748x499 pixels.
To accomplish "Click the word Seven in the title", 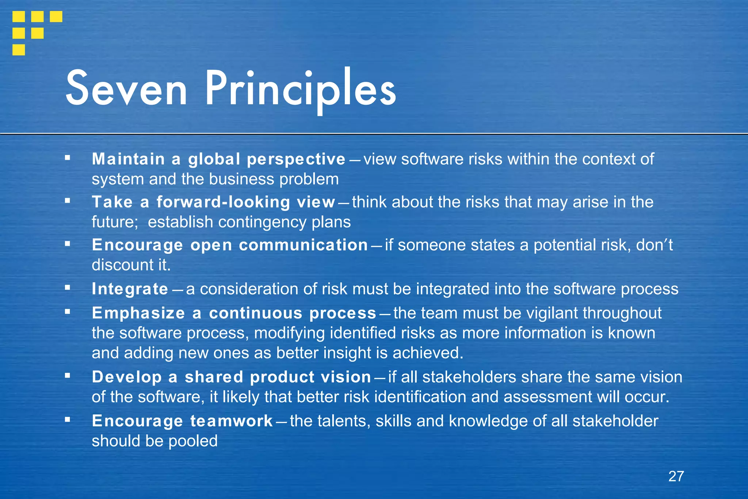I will click(126, 89).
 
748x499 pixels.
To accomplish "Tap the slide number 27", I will click(676, 476).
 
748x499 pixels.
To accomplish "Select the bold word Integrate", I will click(130, 289).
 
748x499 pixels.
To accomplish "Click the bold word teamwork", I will click(232, 421).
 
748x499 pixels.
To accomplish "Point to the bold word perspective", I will click(296, 159).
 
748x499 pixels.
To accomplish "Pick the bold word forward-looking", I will click(223, 202).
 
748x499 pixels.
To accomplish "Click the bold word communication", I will click(303, 245).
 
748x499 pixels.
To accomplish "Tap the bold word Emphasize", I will click(138, 313).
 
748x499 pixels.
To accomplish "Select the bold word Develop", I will click(127, 377).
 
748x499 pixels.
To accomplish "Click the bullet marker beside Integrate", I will click(67, 288).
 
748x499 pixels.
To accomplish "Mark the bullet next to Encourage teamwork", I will click(67, 420).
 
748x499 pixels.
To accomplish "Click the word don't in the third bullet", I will click(654, 245).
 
